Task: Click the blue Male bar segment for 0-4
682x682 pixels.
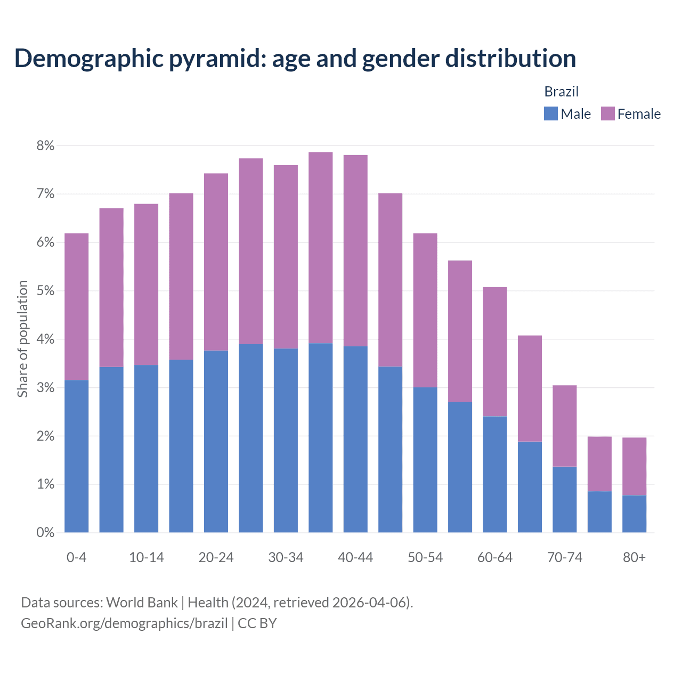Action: tap(76, 456)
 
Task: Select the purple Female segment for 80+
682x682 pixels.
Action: tap(634, 466)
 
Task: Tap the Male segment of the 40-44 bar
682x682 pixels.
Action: tap(355, 439)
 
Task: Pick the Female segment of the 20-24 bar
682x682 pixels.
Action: tap(216, 262)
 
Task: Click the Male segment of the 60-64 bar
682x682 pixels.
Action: tap(494, 474)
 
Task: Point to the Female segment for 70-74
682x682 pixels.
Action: tap(564, 426)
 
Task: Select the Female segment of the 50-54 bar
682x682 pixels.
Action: tap(425, 310)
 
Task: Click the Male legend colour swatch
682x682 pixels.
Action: tap(550, 113)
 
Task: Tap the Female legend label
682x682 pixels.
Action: tap(639, 114)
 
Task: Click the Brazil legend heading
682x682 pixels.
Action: tap(561, 92)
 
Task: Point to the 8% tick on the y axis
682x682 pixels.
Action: tap(46, 145)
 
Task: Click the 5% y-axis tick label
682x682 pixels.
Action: tap(46, 291)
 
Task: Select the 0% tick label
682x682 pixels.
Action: tap(46, 532)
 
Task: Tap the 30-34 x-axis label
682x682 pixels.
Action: tap(286, 557)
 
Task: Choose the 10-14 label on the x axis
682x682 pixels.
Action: tap(147, 557)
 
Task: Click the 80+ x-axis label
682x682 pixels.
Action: tap(634, 557)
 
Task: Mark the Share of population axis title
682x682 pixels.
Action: tap(22, 339)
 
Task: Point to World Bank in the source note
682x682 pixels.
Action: tap(142, 603)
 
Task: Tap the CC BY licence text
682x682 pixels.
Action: tap(257, 623)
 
